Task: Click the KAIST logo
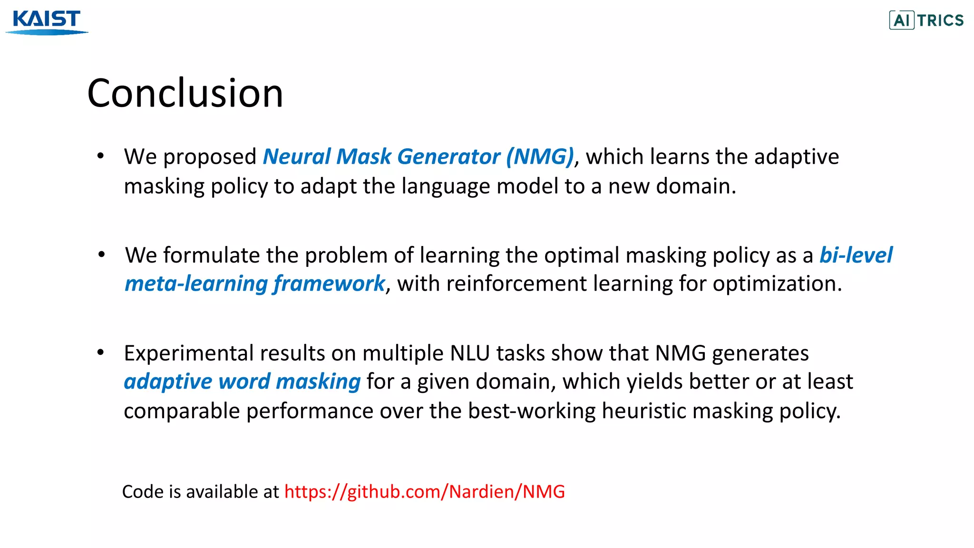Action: [x=47, y=21]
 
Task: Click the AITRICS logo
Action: [x=926, y=20]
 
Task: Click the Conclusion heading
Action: [x=185, y=93]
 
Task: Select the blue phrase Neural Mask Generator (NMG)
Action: [x=418, y=157]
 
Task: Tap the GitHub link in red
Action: [x=424, y=491]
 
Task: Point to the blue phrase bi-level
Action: [x=856, y=255]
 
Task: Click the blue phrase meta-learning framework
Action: [x=254, y=284]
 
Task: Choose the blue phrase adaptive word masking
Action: [x=242, y=382]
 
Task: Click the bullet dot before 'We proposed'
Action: [x=100, y=156]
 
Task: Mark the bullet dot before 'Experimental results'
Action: [x=100, y=352]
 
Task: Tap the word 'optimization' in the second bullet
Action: [x=777, y=284]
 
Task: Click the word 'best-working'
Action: [x=532, y=411]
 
